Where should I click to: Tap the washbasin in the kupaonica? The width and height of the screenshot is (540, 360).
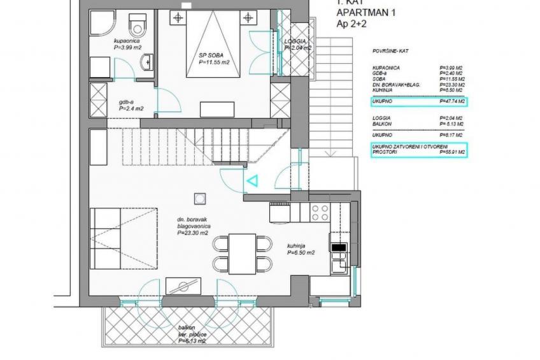click(x=146, y=62)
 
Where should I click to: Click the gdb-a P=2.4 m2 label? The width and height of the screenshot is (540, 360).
click(x=131, y=105)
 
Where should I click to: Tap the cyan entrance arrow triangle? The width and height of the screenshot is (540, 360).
click(x=252, y=182)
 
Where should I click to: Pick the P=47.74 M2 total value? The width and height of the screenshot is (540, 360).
click(x=452, y=101)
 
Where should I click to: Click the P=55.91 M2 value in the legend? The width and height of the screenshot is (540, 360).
click(x=452, y=153)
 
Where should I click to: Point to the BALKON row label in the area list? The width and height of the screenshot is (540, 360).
click(x=382, y=125)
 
